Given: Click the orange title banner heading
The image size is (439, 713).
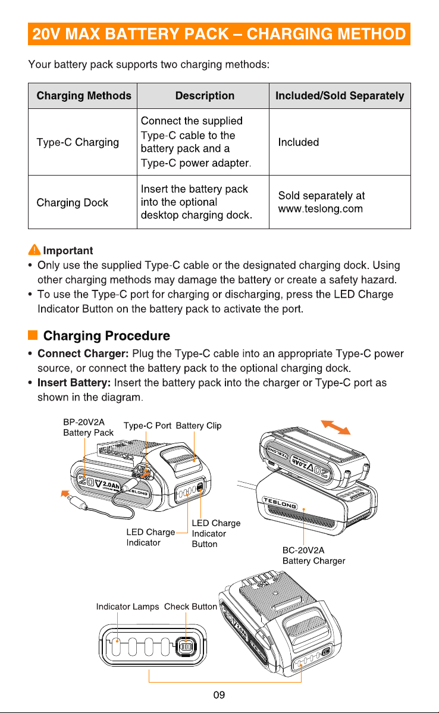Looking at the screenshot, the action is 219,34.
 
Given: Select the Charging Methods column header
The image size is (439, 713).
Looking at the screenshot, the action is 84,95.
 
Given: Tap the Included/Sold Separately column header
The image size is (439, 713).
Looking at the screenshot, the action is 340,95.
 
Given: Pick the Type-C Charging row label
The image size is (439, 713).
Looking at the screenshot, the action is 78,142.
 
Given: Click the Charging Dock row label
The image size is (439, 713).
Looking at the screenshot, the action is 72,202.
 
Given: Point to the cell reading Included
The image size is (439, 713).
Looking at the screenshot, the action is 298,142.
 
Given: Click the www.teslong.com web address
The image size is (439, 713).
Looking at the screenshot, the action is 321,209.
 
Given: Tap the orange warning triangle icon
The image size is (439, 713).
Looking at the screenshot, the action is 34,249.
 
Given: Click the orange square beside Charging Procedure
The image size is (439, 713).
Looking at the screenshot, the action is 33,335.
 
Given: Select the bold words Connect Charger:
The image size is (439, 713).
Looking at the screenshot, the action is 83,354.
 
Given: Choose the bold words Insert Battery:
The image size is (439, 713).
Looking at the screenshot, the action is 74,383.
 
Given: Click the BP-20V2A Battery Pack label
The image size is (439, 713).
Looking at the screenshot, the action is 88,427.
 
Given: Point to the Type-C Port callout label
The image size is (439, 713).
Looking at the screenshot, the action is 148,426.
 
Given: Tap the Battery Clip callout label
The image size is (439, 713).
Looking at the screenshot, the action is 199,426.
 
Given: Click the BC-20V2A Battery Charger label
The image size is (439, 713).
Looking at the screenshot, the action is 313,555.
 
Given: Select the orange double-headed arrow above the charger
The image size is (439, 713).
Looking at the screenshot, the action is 336,427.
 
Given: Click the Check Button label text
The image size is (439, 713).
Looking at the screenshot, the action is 190,606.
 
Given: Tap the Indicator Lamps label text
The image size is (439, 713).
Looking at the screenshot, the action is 127,606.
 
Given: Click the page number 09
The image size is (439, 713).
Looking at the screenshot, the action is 219,695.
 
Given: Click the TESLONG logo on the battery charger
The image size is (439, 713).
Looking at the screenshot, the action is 280,503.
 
